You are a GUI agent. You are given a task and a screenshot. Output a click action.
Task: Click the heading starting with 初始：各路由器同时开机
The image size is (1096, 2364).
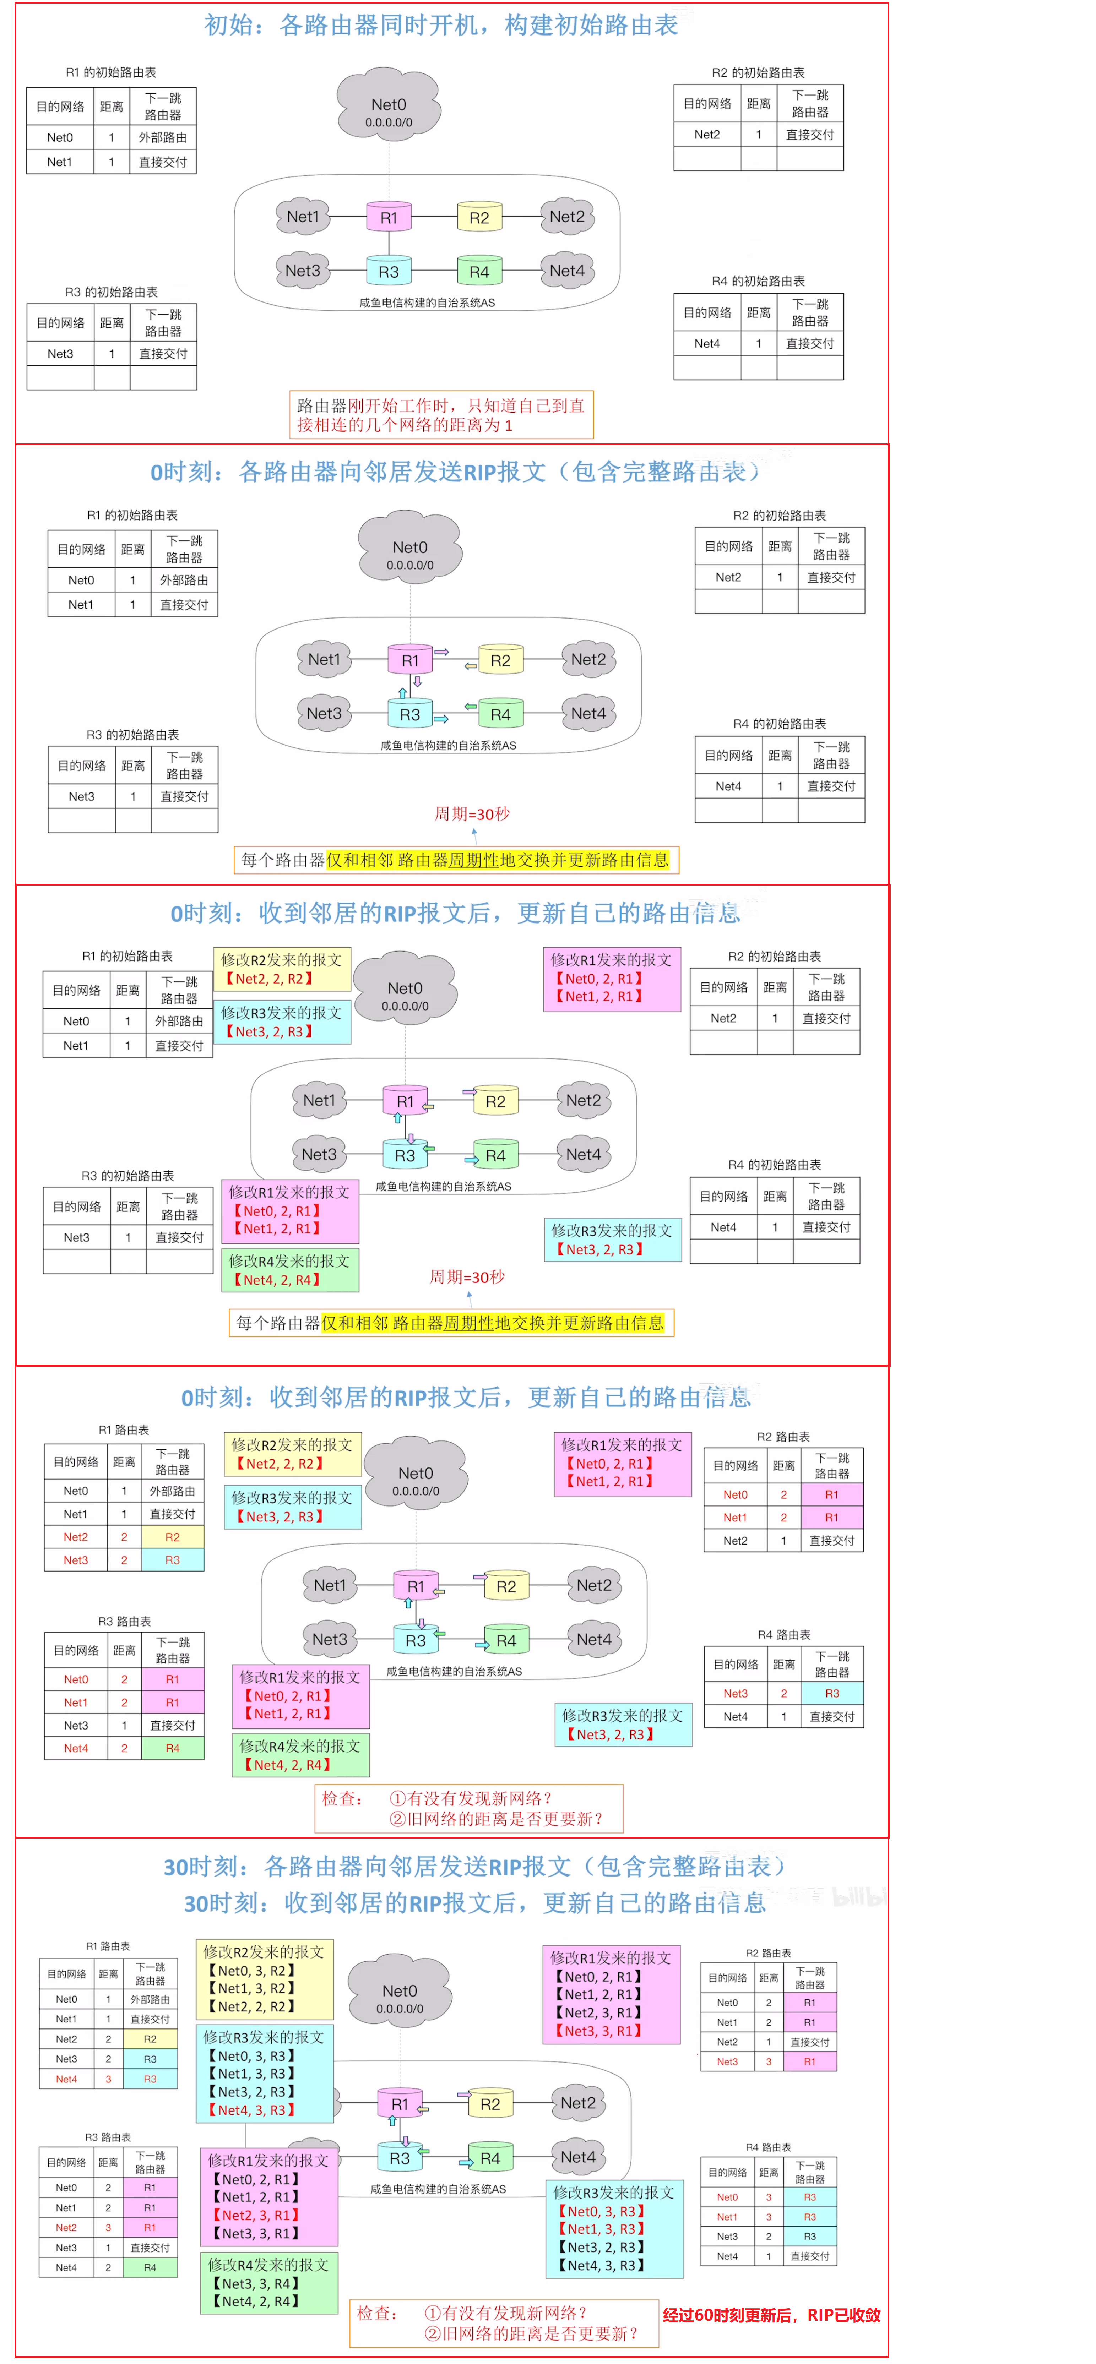[441, 25]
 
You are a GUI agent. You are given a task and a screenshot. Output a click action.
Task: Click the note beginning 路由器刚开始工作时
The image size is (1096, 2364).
[441, 415]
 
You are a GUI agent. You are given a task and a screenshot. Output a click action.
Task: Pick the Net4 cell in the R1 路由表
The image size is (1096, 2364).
[66, 2079]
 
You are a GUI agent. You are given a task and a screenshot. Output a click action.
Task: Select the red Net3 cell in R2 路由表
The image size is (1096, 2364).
[727, 2061]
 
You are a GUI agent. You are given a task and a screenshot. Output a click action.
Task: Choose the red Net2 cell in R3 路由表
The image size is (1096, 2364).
[66, 2227]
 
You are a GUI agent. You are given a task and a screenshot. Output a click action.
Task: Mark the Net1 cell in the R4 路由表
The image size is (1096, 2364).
[727, 2216]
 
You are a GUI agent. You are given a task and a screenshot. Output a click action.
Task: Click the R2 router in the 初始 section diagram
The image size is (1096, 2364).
[479, 218]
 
